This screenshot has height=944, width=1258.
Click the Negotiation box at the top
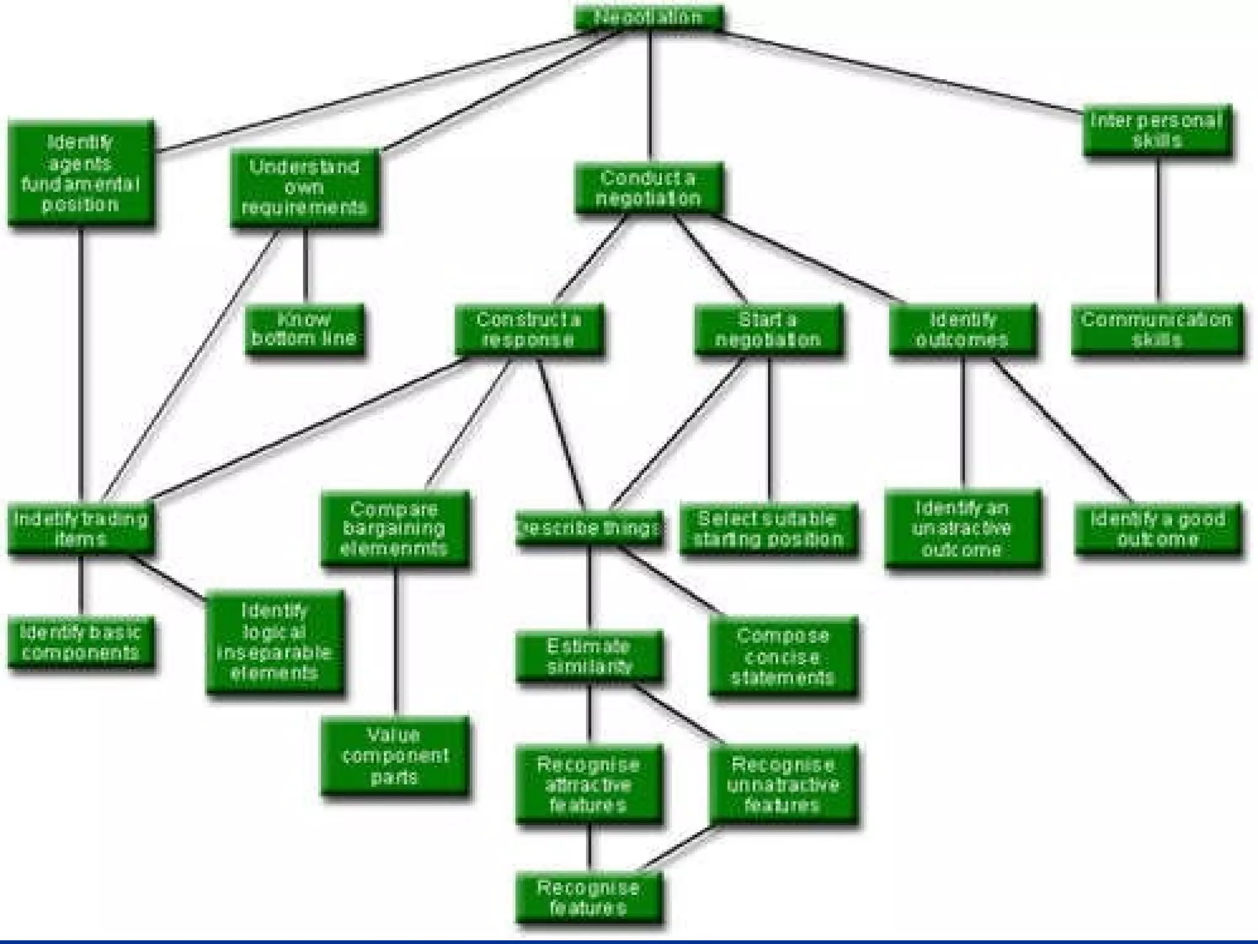pos(648,17)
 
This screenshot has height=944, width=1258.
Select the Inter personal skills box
pos(1157,131)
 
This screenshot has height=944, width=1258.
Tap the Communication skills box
pos(1157,329)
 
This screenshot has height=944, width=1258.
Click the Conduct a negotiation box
pos(648,188)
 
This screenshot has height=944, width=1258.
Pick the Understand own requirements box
pos(305,187)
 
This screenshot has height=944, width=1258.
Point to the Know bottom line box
pos(305,329)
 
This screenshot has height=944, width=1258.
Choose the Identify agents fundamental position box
pos(80,173)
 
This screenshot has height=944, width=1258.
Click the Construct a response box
pos(528,329)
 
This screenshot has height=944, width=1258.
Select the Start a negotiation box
pos(768,329)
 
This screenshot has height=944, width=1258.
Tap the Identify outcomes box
pos(963,329)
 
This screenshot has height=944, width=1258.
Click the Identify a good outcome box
pos(1157,529)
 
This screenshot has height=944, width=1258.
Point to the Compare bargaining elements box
pos(394,529)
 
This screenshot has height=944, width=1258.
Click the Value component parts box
pos(394,755)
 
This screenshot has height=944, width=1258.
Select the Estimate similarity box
pos(589,656)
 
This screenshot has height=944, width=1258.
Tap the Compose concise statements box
pos(783,656)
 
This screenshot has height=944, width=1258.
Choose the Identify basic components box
pos(80,642)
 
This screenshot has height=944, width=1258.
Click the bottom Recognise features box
pos(589,897)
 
